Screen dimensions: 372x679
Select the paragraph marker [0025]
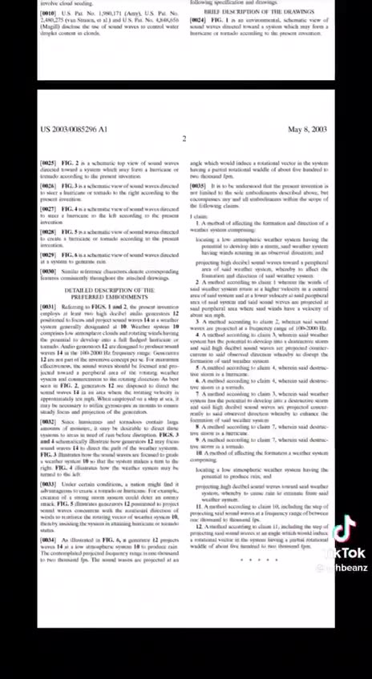pyautogui.click(x=48, y=163)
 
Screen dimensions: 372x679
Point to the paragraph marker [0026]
pyautogui.click(x=48, y=186)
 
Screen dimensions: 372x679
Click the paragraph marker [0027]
pyautogui.click(x=48, y=208)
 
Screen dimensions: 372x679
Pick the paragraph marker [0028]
pyautogui.click(x=48, y=231)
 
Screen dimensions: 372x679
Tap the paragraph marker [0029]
pyautogui.click(x=48, y=254)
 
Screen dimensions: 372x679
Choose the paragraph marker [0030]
pyautogui.click(x=48, y=271)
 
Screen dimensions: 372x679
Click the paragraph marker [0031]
pyautogui.click(x=48, y=307)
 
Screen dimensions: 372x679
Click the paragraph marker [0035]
pyautogui.click(x=197, y=186)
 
